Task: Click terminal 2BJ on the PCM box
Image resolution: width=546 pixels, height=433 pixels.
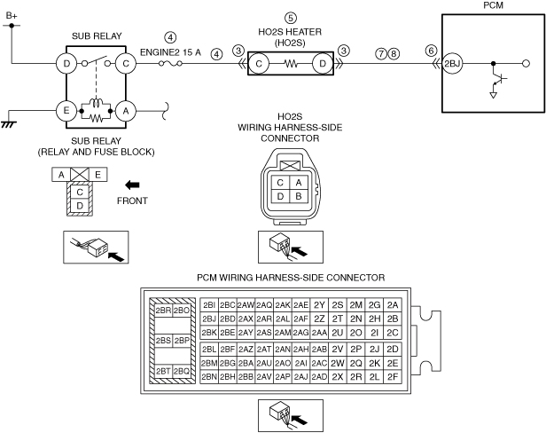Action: click(x=452, y=64)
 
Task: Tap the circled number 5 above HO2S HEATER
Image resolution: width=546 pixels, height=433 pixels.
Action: click(x=291, y=18)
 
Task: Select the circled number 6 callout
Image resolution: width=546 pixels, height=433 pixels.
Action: click(x=431, y=51)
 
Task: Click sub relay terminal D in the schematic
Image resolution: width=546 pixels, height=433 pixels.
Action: click(x=66, y=64)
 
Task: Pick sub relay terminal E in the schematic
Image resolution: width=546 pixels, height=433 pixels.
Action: click(x=66, y=111)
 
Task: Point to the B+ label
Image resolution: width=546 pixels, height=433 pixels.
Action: click(x=12, y=16)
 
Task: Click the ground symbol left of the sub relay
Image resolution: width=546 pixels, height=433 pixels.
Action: click(x=9, y=124)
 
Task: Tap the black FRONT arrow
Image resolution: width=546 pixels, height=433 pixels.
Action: click(x=132, y=185)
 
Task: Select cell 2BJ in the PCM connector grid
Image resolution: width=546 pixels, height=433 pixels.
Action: click(x=209, y=319)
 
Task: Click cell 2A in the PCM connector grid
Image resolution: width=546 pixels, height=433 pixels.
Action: click(x=393, y=305)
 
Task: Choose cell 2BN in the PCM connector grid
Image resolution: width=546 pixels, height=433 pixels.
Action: click(x=209, y=377)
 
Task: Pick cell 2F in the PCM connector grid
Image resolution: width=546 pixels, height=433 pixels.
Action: click(x=393, y=377)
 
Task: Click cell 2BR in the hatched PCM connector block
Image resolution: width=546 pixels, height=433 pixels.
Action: click(x=163, y=311)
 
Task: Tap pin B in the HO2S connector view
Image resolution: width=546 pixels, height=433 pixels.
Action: click(x=299, y=196)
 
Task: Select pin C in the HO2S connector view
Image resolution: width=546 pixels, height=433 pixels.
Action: click(x=280, y=183)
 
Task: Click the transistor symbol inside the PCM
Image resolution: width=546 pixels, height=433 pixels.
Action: click(x=497, y=82)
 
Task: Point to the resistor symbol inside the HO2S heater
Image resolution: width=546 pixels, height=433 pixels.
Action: click(x=291, y=64)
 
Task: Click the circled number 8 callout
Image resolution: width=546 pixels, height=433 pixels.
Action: click(x=394, y=54)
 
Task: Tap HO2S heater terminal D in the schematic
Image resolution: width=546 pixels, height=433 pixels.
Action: click(x=323, y=64)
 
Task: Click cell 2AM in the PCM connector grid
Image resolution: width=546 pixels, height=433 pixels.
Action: click(x=283, y=333)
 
